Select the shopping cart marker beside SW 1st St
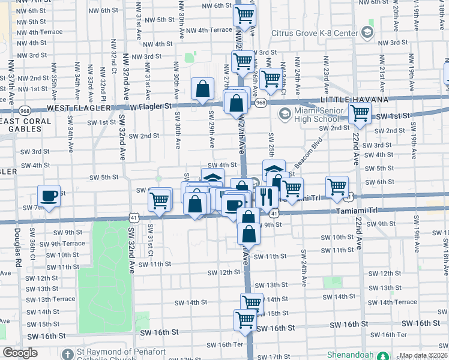point(360,112)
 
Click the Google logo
point(20,352)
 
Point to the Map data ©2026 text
point(423,355)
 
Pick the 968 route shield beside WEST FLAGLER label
point(24,110)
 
